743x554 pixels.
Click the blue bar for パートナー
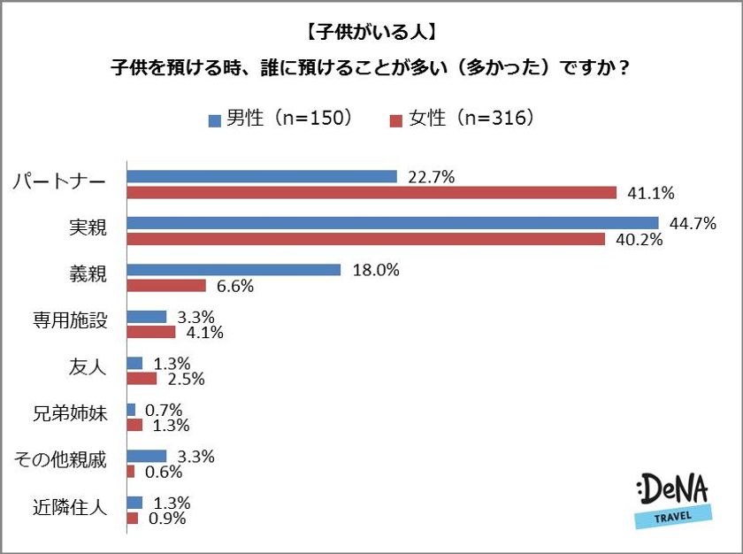tap(262, 177)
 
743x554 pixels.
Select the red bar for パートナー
tap(371, 192)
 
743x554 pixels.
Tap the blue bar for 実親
tap(393, 223)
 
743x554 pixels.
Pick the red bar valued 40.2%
tap(366, 239)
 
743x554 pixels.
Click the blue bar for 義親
tap(234, 270)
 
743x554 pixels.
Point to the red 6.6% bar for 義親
tap(166, 286)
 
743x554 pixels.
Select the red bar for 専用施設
tap(151, 333)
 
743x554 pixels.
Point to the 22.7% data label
tap(431, 177)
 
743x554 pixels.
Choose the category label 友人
tap(88, 367)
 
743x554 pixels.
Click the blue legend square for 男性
tap(214, 119)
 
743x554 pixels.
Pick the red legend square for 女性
tap(395, 119)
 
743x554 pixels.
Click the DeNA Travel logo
tap(672, 500)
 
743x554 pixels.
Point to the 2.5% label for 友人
tap(185, 379)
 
